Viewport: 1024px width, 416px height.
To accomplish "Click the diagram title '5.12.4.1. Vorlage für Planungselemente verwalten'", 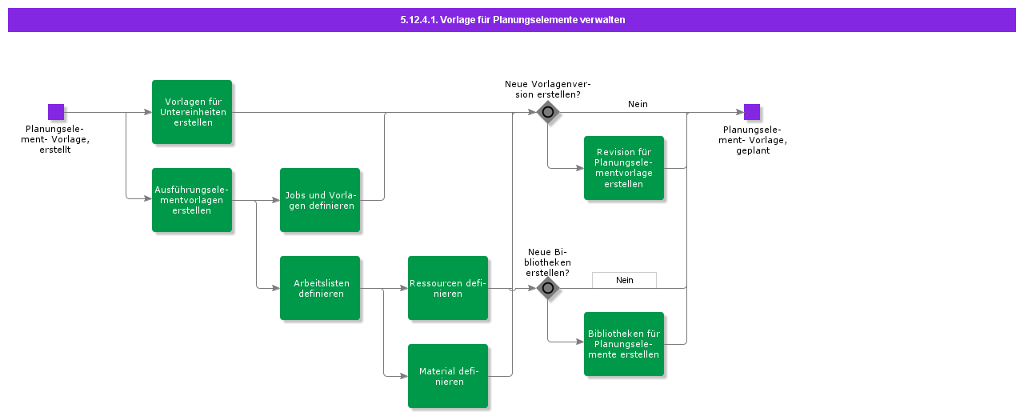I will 512,20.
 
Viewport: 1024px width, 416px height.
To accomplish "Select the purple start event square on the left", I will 55,112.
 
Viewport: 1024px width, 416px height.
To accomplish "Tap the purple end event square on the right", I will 751,112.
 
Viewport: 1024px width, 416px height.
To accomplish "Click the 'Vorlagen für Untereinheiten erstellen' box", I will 192,112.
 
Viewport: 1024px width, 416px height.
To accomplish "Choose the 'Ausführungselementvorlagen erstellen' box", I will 192,200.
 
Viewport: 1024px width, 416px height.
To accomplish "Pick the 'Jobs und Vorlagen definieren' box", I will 320,200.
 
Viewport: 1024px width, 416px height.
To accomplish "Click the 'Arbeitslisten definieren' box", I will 320,288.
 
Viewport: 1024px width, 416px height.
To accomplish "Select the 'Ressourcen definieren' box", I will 448,288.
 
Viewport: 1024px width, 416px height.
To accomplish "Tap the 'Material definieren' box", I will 448,376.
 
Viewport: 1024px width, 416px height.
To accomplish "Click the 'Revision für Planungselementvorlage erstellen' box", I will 624,168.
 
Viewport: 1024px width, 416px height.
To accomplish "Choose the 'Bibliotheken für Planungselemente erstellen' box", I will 624,344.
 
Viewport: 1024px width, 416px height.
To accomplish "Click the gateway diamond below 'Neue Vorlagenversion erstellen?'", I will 548,112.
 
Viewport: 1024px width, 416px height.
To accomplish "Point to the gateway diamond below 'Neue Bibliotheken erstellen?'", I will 548,288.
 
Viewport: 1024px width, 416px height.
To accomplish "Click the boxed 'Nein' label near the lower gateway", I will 624,280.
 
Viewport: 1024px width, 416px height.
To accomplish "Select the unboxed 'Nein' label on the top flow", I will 638,104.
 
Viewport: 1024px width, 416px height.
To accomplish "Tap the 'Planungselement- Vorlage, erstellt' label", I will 55,139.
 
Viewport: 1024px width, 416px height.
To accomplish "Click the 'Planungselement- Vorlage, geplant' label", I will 752,139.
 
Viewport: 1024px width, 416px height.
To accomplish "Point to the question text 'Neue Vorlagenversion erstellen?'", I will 548,89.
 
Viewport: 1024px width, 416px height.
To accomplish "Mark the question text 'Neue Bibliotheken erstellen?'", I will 548,262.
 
